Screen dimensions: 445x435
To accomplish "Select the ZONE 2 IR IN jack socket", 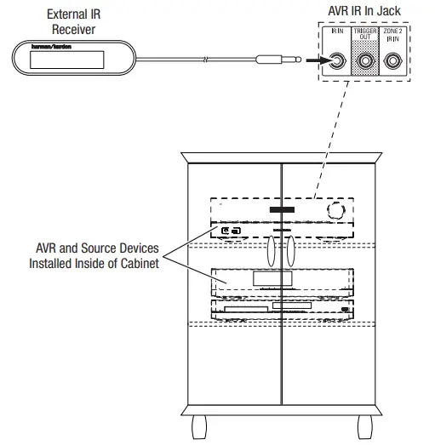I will pos(393,61).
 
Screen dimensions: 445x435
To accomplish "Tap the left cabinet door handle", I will pos(270,252).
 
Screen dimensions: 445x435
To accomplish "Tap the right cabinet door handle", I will pos(289,252).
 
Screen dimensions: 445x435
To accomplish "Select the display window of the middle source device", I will pos(274,279).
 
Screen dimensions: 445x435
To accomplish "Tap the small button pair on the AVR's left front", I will pos(230,231).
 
